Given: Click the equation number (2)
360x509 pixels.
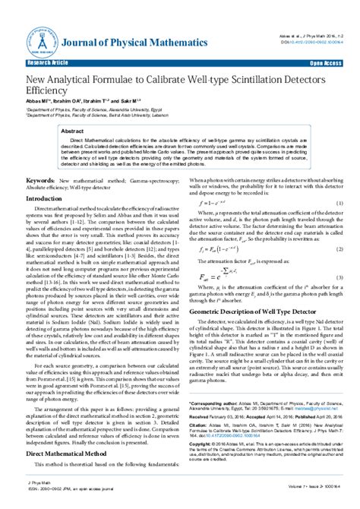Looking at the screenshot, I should coord(339,248).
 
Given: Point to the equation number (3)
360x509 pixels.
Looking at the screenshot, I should coord(339,278).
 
